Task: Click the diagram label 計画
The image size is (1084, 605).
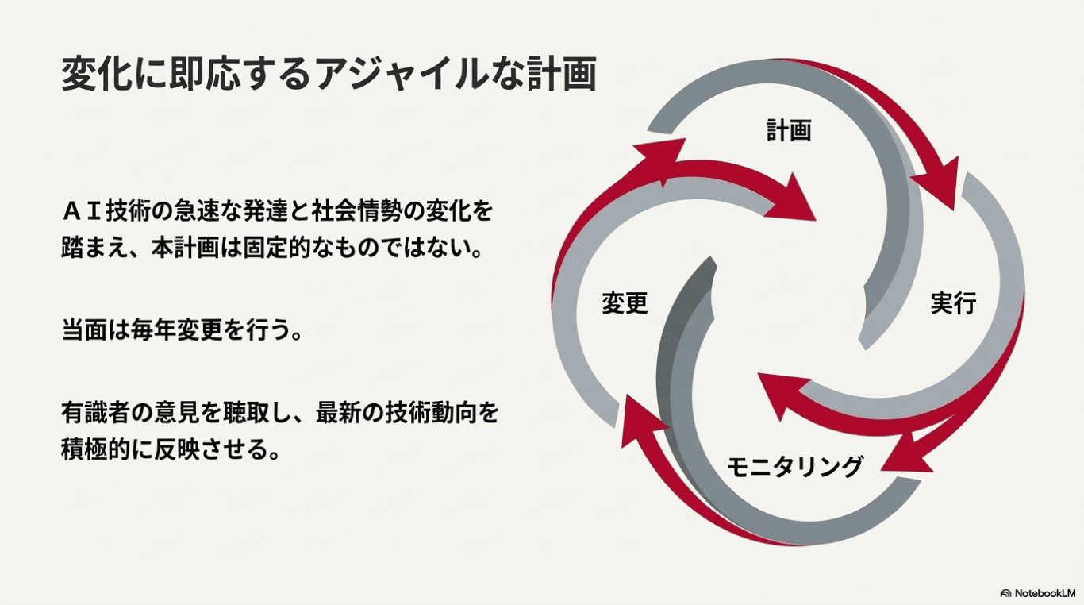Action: coord(788,130)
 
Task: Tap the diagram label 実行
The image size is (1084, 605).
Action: coord(953,302)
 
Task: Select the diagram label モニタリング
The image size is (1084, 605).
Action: coord(794,466)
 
